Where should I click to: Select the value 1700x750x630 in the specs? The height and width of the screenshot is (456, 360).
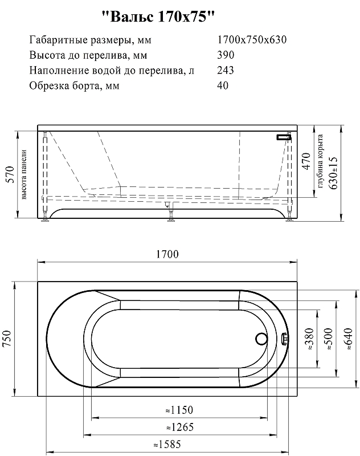tap(252, 39)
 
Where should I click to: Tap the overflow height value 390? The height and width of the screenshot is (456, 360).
tap(226, 55)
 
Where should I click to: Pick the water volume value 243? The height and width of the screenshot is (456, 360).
tap(226, 70)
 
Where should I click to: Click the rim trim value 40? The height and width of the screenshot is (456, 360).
tap(223, 85)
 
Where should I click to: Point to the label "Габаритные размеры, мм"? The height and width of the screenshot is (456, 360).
tap(91, 40)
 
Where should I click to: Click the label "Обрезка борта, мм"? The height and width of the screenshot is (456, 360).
tap(75, 86)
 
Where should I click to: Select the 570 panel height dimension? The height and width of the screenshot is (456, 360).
tap(10, 174)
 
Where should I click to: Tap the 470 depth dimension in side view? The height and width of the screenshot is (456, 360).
tap(306, 161)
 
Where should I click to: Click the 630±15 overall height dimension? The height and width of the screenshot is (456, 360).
tap(334, 173)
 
